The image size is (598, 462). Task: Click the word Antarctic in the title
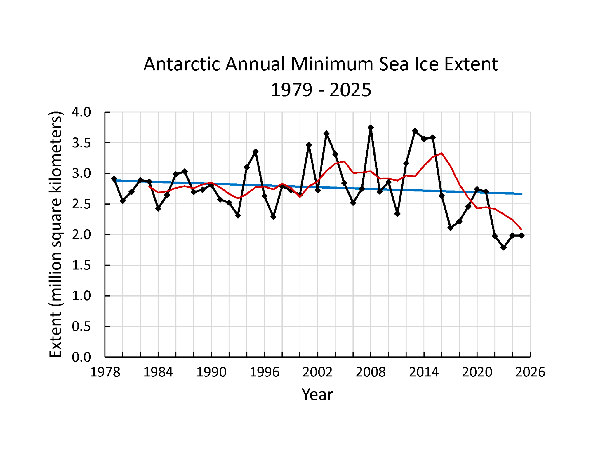click(x=182, y=64)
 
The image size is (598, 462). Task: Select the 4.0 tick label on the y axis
click(x=81, y=112)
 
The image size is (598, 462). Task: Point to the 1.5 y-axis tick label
click(x=81, y=265)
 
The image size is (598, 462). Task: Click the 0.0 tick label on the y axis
click(x=81, y=357)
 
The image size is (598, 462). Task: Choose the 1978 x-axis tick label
click(x=105, y=372)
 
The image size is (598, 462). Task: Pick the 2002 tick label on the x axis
click(x=317, y=372)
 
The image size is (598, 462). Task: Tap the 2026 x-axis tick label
click(x=530, y=372)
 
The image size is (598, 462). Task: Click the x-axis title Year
click(x=317, y=395)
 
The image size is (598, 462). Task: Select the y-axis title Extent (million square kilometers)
click(x=55, y=234)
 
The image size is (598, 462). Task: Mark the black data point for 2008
click(x=371, y=128)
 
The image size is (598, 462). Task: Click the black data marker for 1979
click(x=114, y=179)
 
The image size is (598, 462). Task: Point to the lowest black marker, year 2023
click(x=504, y=247)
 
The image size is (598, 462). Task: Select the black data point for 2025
click(x=521, y=236)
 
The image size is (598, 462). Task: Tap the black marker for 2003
click(x=326, y=134)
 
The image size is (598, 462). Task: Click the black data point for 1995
click(x=255, y=151)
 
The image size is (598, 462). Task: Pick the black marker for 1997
click(x=273, y=217)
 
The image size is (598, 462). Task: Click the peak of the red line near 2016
click(x=442, y=153)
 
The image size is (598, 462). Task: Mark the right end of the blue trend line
click(x=521, y=194)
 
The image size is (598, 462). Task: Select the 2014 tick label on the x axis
click(x=424, y=372)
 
